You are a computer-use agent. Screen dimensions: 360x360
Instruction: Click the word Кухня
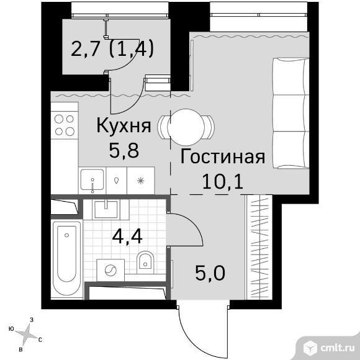click(x=124, y=126)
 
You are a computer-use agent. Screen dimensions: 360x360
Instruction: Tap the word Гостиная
click(x=223, y=157)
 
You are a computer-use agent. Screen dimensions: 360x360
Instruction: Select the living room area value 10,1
click(x=222, y=181)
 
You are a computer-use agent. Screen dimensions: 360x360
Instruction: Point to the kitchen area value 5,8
click(x=124, y=150)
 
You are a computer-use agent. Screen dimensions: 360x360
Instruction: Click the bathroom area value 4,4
click(x=127, y=236)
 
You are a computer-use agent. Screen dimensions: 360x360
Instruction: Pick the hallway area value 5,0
click(x=210, y=272)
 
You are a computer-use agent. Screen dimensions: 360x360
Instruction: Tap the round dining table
click(x=186, y=127)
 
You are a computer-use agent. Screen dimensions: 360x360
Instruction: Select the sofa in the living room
click(x=290, y=113)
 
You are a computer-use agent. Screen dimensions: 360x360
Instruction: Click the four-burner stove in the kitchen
click(x=65, y=125)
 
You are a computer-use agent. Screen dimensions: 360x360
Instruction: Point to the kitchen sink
click(x=92, y=181)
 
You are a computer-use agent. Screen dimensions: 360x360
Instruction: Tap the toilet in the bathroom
click(x=145, y=263)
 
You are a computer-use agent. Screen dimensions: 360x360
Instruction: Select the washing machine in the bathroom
click(x=110, y=270)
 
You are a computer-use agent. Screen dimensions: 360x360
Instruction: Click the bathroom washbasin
click(x=106, y=210)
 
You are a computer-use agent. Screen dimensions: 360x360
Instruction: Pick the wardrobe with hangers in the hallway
click(x=259, y=247)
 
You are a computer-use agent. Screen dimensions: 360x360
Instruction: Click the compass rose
click(x=27, y=333)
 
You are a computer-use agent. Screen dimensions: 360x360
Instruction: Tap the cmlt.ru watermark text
click(x=338, y=348)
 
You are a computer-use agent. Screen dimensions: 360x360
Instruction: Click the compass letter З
click(x=32, y=320)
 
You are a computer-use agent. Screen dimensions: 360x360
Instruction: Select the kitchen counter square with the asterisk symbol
click(x=140, y=181)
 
